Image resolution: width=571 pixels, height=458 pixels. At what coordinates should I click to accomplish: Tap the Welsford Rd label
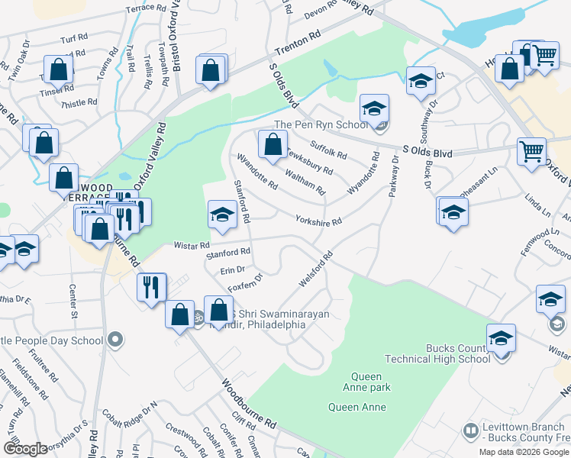(317, 269)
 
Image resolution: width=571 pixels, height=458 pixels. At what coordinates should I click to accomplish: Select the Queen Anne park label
(370, 382)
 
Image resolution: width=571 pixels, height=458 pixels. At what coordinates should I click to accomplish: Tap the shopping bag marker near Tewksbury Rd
(273, 144)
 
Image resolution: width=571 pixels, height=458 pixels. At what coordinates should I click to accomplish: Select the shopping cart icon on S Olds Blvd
(531, 150)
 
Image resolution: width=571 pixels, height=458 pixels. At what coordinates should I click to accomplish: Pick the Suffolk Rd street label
(328, 149)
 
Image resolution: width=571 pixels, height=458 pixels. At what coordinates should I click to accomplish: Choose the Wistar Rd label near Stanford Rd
(191, 245)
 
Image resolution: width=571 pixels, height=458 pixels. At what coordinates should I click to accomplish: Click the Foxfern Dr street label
(244, 283)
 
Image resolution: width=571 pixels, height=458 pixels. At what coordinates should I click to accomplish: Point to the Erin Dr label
(231, 269)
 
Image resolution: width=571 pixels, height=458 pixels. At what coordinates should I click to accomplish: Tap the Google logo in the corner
(25, 449)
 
